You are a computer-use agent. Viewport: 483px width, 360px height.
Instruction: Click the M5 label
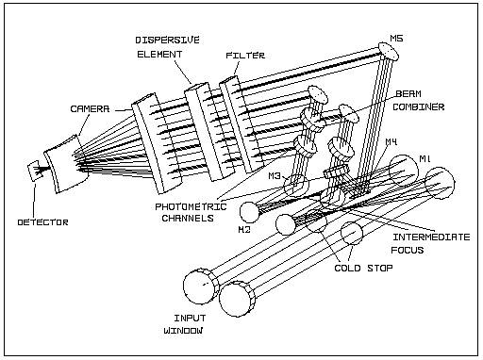pyautogui.click(x=396, y=39)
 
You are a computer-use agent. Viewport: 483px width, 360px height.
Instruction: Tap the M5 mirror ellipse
pyautogui.click(x=388, y=51)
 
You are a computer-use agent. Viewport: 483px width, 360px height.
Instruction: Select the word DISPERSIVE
pyautogui.click(x=168, y=40)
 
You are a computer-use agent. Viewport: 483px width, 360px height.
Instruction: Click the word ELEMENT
pyautogui.click(x=159, y=54)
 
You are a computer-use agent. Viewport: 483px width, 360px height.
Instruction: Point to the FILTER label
pyautogui.click(x=245, y=56)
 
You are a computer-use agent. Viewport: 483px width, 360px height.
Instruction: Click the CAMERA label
pyautogui.click(x=90, y=108)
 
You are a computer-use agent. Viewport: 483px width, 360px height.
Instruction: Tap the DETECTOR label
pyautogui.click(x=42, y=222)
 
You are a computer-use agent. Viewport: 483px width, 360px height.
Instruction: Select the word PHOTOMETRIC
pyautogui.click(x=191, y=206)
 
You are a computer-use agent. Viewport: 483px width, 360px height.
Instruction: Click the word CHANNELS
pyautogui.click(x=188, y=218)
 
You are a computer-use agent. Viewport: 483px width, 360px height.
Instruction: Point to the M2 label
pyautogui.click(x=244, y=229)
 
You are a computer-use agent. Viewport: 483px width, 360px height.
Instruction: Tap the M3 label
pyautogui.click(x=275, y=176)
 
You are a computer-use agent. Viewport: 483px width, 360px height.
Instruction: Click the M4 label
pyautogui.click(x=391, y=142)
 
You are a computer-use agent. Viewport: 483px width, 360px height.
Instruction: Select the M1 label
pyautogui.click(x=425, y=159)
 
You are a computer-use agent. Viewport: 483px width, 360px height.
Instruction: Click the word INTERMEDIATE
pyautogui.click(x=431, y=237)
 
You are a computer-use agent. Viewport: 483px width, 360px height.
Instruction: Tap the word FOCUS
pyautogui.click(x=408, y=250)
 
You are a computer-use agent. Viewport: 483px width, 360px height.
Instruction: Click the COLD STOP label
pyautogui.click(x=363, y=268)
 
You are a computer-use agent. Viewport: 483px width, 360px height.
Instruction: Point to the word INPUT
pyautogui.click(x=190, y=318)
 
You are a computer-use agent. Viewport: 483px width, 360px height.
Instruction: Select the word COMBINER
pyautogui.click(x=419, y=106)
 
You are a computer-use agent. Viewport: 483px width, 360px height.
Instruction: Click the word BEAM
pyautogui.click(x=408, y=93)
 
